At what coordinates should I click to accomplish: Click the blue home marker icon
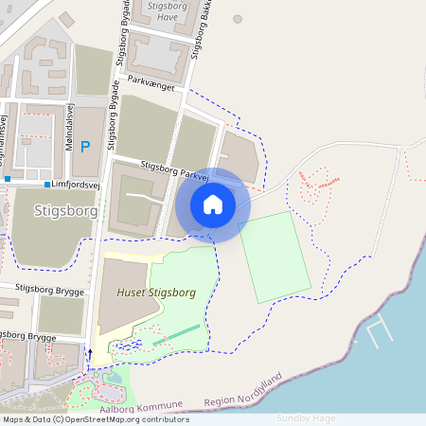(x=213, y=204)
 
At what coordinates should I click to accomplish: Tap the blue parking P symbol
(x=84, y=147)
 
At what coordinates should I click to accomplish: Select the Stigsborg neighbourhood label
(x=65, y=209)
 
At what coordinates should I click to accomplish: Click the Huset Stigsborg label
(x=155, y=293)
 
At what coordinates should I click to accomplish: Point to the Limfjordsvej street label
(x=79, y=185)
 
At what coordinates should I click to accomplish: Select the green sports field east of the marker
(x=275, y=257)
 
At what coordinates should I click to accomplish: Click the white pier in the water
(x=380, y=330)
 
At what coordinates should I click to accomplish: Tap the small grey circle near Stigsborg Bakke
(x=238, y=19)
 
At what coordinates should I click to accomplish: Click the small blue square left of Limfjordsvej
(x=47, y=185)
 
